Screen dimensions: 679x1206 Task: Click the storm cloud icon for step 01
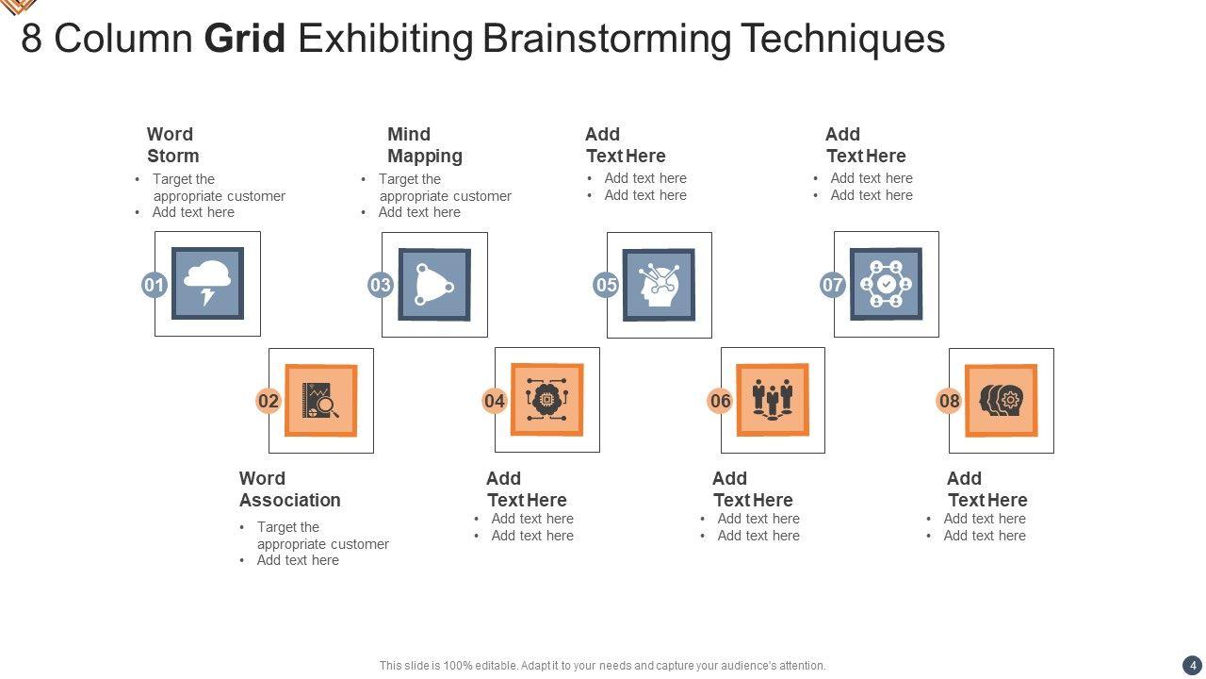click(207, 284)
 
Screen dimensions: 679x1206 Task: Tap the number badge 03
click(380, 285)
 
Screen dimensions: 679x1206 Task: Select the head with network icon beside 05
click(659, 285)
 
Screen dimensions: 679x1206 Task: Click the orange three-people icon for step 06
click(773, 400)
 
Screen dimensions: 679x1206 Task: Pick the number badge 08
click(949, 401)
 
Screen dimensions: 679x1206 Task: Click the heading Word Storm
click(172, 145)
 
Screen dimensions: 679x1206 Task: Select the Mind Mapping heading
click(424, 145)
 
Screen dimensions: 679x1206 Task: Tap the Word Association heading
click(289, 489)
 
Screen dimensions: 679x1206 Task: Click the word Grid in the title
click(245, 39)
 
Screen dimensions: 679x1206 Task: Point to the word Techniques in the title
click(842, 39)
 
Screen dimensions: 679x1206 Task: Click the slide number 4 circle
click(1193, 665)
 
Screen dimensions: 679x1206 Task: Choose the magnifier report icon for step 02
click(320, 401)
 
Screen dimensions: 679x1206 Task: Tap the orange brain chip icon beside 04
click(546, 400)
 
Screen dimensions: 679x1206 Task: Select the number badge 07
click(833, 285)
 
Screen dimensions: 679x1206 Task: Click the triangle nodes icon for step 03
click(434, 285)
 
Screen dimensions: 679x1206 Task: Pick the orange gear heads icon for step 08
click(1001, 401)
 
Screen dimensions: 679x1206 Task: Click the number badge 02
click(269, 401)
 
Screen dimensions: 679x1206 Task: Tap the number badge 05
click(606, 285)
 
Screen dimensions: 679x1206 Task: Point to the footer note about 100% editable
click(602, 666)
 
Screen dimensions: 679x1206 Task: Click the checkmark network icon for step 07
click(886, 285)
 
